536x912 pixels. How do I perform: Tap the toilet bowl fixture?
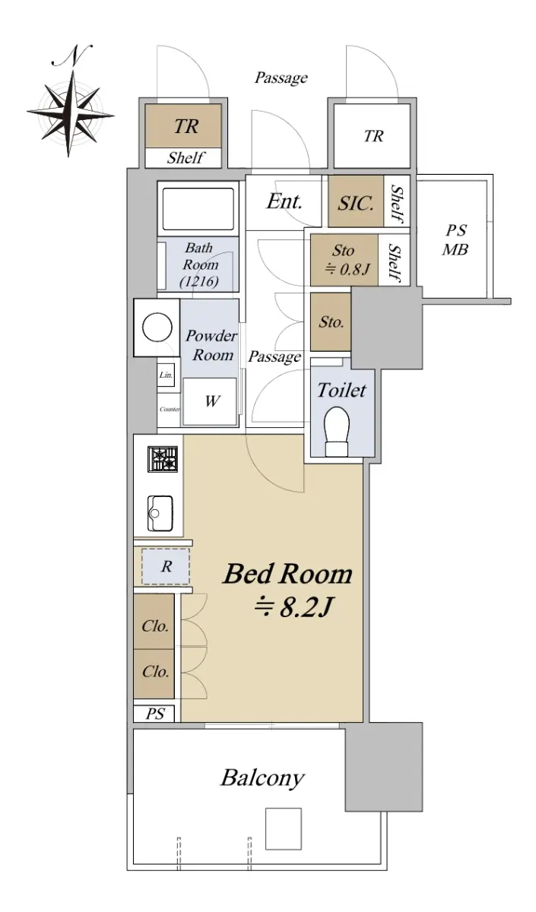(337, 431)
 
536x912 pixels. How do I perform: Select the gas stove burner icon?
(163, 459)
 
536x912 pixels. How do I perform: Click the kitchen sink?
(160, 513)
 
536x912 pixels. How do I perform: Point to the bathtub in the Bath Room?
(198, 209)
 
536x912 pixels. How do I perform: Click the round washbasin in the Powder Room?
(157, 327)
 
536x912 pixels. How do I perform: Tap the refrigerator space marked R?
(166, 566)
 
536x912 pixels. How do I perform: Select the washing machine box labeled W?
(210, 401)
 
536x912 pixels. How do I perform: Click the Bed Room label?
(287, 573)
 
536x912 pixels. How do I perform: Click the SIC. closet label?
(356, 202)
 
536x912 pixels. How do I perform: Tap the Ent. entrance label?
(284, 201)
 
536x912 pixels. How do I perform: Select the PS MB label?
(455, 240)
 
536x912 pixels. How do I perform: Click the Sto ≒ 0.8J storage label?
(344, 259)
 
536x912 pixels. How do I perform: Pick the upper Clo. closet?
(155, 626)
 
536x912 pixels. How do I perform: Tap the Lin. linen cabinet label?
(167, 375)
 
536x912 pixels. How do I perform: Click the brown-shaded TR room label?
(186, 127)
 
